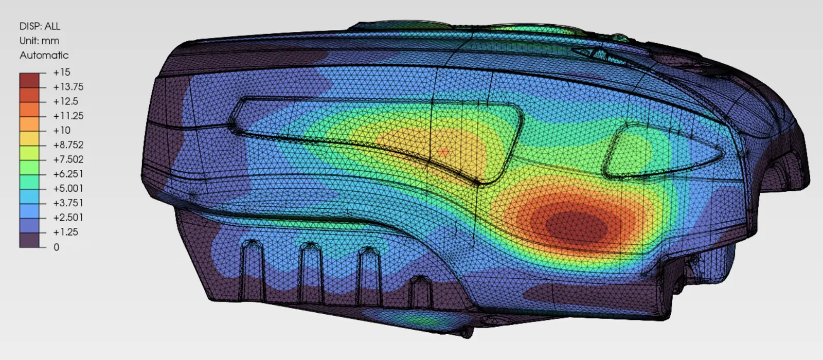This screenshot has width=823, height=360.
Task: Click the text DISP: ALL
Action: click(x=40, y=26)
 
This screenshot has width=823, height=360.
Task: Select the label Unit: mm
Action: click(x=39, y=41)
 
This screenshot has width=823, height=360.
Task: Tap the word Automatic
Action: click(x=44, y=55)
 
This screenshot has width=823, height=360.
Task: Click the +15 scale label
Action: click(x=62, y=73)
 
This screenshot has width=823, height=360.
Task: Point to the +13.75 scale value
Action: click(x=68, y=87)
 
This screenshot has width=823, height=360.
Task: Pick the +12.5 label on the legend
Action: click(x=66, y=101)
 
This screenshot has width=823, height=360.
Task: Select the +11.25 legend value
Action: click(x=68, y=116)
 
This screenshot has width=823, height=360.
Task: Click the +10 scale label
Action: click(x=62, y=131)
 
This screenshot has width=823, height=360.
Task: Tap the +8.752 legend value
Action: click(x=68, y=145)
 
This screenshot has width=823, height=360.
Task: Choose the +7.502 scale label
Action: click(x=68, y=159)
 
